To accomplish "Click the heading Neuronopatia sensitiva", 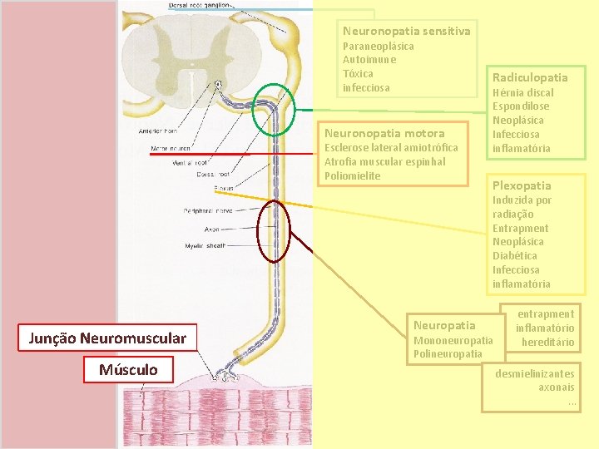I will click(406, 31).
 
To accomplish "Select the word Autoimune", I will click(369, 60).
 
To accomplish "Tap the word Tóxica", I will click(358, 73).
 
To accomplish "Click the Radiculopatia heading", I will click(530, 77).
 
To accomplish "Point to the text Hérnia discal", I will click(522, 92).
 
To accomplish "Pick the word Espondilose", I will click(521, 106).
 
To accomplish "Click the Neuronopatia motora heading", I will click(384, 133).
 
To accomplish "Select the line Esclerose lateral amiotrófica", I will click(390, 147).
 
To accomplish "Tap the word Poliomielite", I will click(352, 175).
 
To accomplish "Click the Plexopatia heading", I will click(522, 185).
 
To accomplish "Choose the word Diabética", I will click(514, 255).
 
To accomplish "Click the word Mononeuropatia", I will click(453, 340).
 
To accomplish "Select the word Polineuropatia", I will click(448, 354).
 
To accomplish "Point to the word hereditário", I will click(547, 342).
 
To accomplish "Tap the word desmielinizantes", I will click(534, 373).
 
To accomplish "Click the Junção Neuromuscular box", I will click(107, 338).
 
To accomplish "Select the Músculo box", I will click(129, 369).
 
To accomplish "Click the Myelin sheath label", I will click(205, 246).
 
